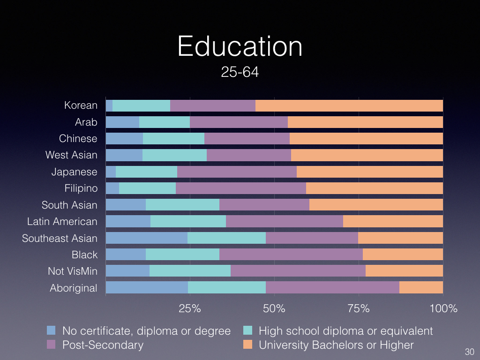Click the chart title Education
point(240,47)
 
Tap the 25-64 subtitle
point(240,73)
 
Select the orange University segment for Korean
point(349,105)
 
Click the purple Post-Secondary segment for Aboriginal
point(332,287)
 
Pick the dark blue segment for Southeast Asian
point(146,238)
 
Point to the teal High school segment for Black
point(182,255)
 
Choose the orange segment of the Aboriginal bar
point(421,287)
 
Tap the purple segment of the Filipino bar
point(241,188)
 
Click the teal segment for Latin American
point(188,221)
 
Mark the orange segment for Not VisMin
point(404,271)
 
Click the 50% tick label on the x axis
point(274,308)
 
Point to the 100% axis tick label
point(443,308)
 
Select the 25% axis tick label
point(190,308)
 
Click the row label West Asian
point(71,155)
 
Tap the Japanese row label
point(75,172)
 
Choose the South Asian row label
point(69,205)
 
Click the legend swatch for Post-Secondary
point(52,345)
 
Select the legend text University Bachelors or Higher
point(336,345)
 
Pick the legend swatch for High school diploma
point(248,330)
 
